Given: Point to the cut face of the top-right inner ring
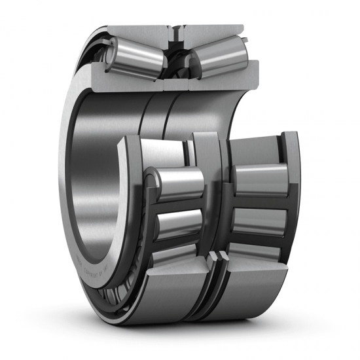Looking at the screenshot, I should [223, 73].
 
